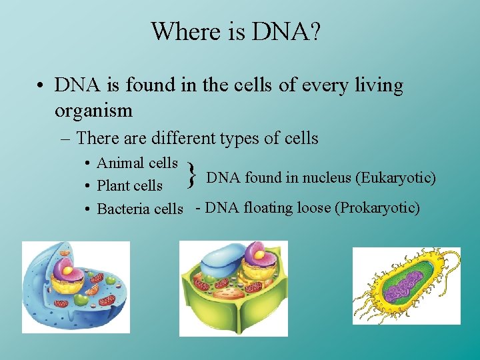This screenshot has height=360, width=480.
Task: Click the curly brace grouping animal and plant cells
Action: tap(191, 175)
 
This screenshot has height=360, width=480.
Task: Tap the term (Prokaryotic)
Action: tap(377, 208)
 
